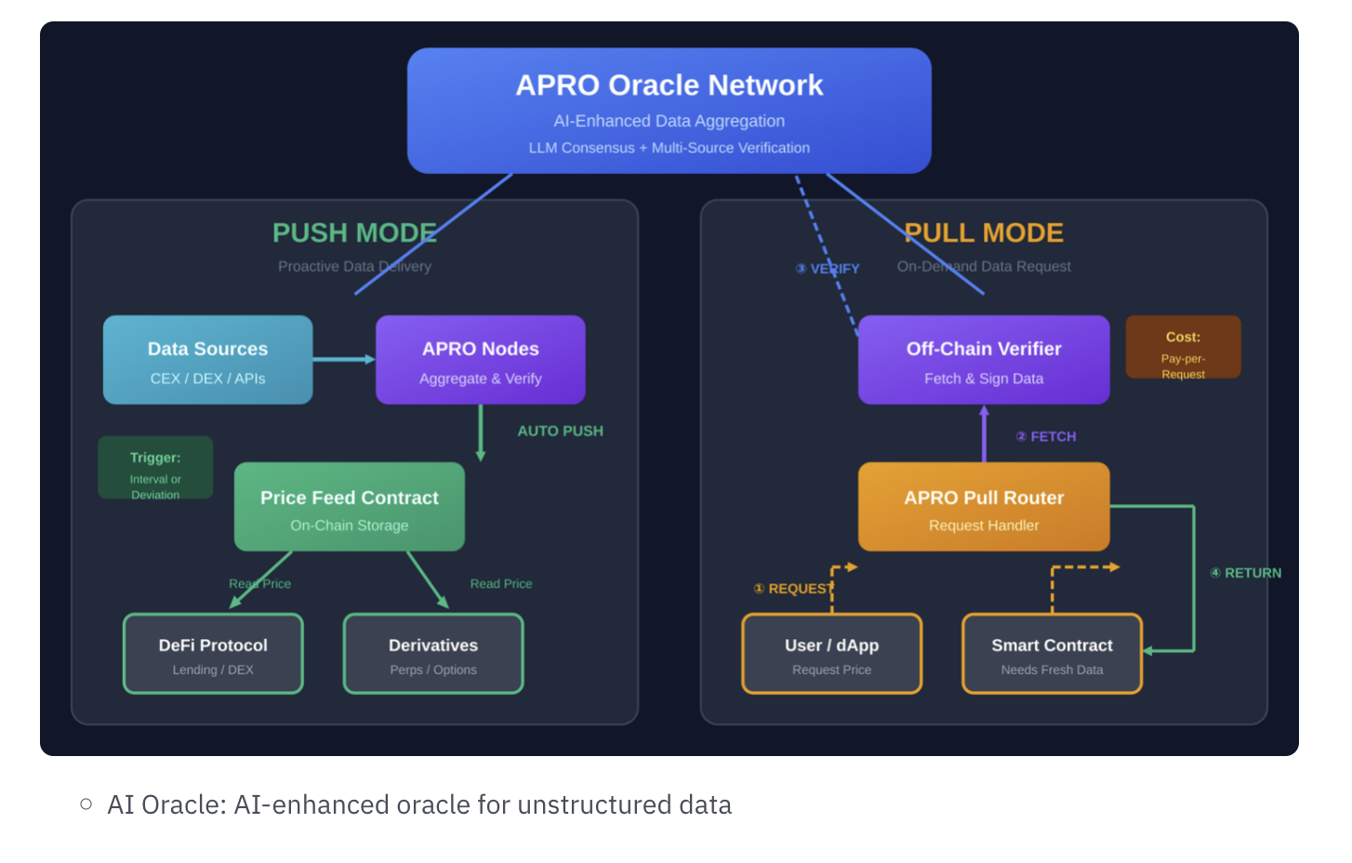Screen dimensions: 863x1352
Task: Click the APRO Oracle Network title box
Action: click(x=669, y=111)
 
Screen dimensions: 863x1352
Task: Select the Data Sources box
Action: click(x=207, y=360)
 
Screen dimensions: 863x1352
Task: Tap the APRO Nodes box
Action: click(x=480, y=360)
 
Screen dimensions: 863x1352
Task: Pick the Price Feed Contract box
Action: click(x=349, y=507)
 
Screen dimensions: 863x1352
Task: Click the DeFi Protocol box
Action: click(x=213, y=654)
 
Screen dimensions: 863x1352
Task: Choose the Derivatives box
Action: click(x=433, y=654)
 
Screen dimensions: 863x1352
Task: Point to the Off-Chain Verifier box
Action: click(x=984, y=360)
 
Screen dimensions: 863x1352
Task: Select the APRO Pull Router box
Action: click(x=984, y=507)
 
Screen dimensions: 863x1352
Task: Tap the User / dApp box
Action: click(x=831, y=654)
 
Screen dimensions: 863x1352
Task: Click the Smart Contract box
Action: click(x=1052, y=654)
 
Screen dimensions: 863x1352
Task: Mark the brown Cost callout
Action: click(x=1183, y=348)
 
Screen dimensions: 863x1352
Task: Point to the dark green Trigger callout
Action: click(x=155, y=468)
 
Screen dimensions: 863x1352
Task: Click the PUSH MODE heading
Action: click(x=354, y=232)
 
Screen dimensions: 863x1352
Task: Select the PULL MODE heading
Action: click(x=984, y=232)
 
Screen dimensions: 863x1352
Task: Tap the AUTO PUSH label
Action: click(x=560, y=431)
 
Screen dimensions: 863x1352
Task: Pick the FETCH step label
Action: click(x=1046, y=437)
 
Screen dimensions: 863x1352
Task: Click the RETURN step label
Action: click(x=1246, y=574)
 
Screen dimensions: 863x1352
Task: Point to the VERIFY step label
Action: click(x=828, y=269)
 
